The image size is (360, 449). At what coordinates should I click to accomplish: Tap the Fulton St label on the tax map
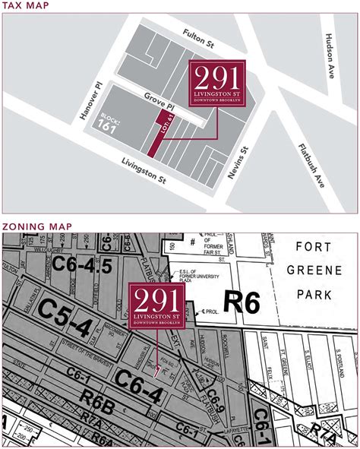200,36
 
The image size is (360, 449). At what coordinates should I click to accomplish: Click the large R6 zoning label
241,302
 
